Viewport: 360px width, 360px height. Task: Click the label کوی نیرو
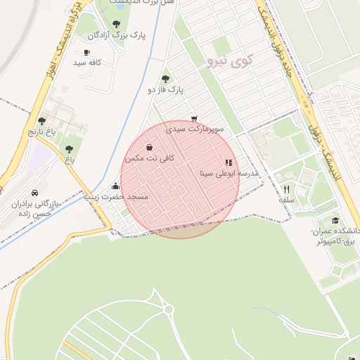tap(229, 63)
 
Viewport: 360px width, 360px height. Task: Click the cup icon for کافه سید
tap(86, 52)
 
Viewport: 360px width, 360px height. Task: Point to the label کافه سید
tap(88, 63)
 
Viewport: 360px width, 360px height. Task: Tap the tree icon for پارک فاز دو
tap(165, 79)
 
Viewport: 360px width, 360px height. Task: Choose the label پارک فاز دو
tap(165, 90)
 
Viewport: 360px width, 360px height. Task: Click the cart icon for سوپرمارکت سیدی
tap(194, 119)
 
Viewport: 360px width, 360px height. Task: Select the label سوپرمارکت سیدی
tap(195, 129)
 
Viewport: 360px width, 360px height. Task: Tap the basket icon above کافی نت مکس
tap(149, 148)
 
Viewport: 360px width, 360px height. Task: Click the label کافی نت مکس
tap(149, 159)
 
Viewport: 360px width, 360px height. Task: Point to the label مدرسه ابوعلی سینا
tap(230, 172)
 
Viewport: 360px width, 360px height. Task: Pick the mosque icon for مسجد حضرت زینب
tap(115, 186)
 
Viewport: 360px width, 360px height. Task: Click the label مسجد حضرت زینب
tap(116, 197)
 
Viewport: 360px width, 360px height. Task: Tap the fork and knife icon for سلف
tap(286, 189)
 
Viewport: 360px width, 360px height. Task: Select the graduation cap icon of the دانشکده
tap(335, 220)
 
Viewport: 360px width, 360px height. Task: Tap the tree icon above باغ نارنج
tap(41, 121)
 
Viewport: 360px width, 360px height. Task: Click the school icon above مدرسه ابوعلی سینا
tap(228, 162)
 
